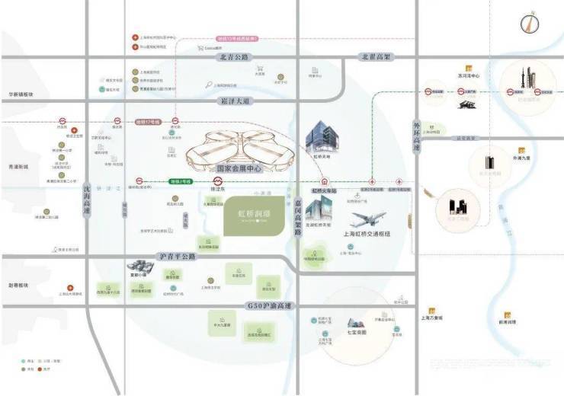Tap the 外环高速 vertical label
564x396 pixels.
coord(415,137)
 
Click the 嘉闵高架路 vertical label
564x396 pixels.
coord(296,217)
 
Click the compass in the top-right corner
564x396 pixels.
coord(526,24)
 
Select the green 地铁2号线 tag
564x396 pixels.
coord(180,181)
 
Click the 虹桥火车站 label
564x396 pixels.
coord(325,191)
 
